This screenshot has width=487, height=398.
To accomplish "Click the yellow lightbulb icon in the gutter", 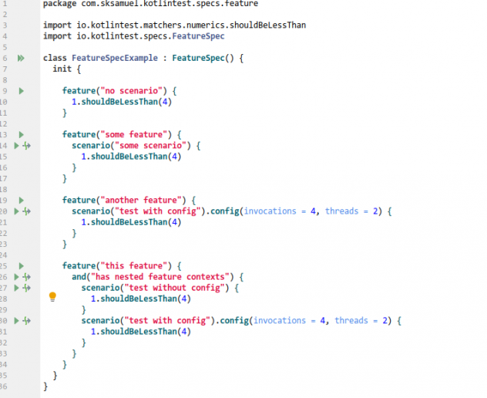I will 52,297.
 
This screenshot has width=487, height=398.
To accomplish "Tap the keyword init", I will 62,69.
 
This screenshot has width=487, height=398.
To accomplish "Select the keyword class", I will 55,58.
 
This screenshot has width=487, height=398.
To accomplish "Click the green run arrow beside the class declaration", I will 21,58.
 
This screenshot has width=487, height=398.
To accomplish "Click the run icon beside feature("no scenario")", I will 21,91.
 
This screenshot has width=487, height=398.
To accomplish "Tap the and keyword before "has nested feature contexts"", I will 79,276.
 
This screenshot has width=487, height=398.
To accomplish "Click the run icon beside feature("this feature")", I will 21,265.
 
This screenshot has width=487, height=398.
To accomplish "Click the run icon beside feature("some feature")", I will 21,134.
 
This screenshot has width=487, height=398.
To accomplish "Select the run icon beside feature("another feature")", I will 21,200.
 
